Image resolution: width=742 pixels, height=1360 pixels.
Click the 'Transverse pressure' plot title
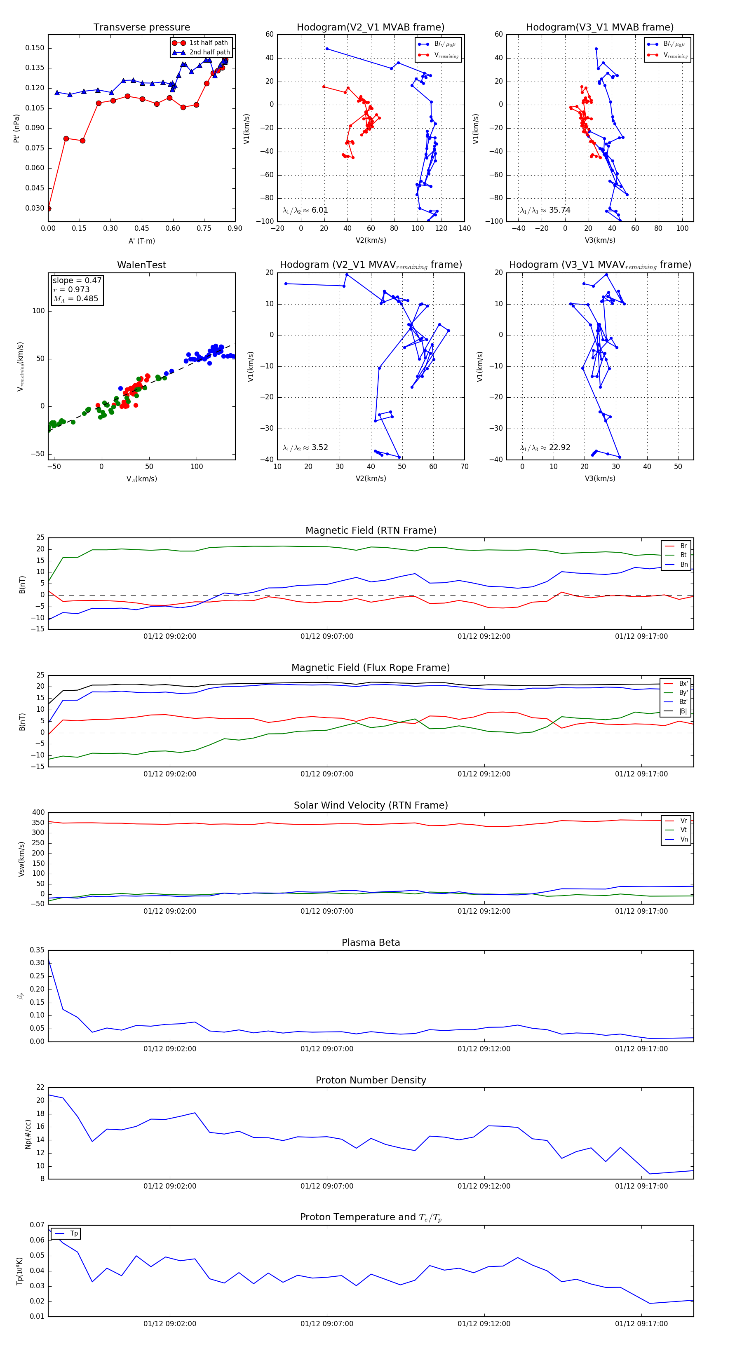tap(141, 28)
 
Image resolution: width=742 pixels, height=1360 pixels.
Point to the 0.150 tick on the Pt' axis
tap(35, 48)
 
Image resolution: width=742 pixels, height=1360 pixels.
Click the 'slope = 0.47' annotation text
tap(77, 280)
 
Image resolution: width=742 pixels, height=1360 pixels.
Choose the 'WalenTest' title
tap(141, 265)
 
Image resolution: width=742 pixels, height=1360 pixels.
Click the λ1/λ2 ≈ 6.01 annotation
tap(305, 210)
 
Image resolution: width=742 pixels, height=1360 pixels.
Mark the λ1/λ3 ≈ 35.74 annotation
tap(545, 210)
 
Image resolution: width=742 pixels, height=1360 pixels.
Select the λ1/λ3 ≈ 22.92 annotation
tap(545, 448)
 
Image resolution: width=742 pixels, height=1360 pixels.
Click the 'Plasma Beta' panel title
tap(371, 943)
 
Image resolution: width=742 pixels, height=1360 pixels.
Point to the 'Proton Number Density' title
tap(371, 1080)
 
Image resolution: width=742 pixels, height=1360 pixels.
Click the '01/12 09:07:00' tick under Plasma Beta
tap(327, 1049)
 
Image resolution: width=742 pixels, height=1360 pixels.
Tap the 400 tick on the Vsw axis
tap(38, 813)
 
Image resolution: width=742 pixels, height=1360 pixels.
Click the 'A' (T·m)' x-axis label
tap(141, 241)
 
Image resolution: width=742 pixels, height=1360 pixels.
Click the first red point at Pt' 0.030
tap(49, 209)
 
